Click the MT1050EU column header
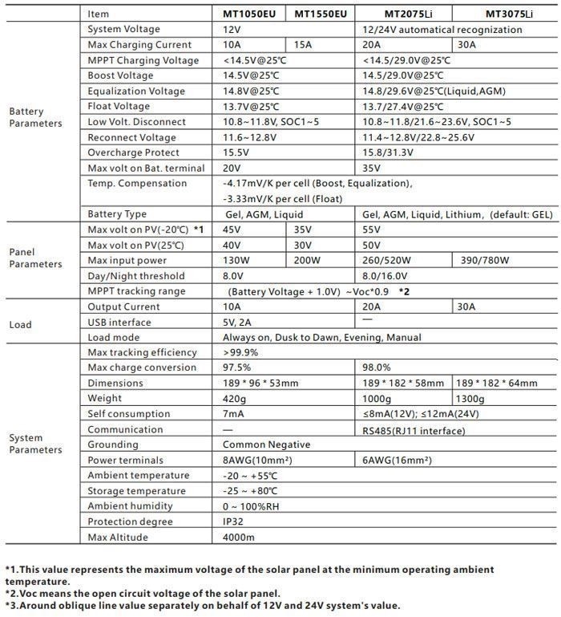pyautogui.click(x=251, y=14)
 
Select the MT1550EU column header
pyautogui.click(x=321, y=14)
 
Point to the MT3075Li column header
pyautogui.click(x=509, y=14)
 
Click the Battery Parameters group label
pyautogui.click(x=35, y=117)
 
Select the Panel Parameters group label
pyautogui.click(x=35, y=258)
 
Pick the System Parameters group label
pyautogui.click(x=35, y=444)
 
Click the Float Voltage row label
pyautogui.click(x=119, y=107)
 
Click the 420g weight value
pyautogui.click(x=234, y=398)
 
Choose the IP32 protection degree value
pyautogui.click(x=233, y=522)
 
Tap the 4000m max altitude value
pyautogui.click(x=238, y=537)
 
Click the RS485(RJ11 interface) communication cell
pyautogui.click(x=414, y=430)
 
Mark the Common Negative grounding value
pyautogui.click(x=266, y=444)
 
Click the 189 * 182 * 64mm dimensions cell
pyautogui.click(x=496, y=384)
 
